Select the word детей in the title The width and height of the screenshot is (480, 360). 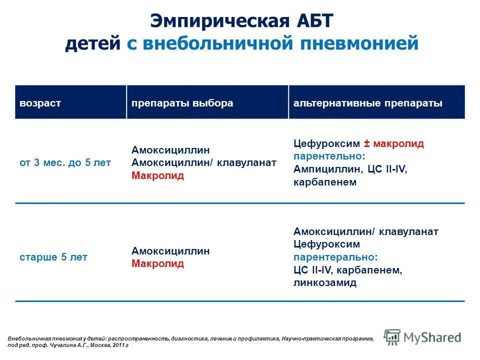92,44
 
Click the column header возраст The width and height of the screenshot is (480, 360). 40,103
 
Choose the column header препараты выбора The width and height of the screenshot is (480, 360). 182,103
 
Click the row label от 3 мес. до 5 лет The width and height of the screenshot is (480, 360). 65,163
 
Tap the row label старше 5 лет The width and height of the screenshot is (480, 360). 53,257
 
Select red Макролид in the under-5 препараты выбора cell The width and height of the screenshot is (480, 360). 157,176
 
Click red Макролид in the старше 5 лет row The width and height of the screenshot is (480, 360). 157,263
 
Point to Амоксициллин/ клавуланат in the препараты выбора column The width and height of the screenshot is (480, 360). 204,163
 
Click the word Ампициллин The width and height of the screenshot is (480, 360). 324,169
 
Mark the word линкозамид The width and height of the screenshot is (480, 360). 325,283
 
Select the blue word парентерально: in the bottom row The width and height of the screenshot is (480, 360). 335,257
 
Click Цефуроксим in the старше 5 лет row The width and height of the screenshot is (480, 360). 326,244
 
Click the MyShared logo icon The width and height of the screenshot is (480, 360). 392,336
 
